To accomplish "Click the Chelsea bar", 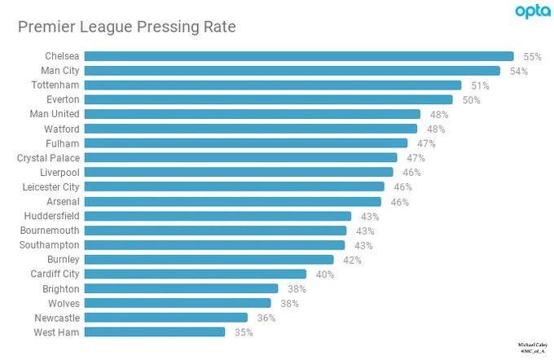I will click(x=299, y=56).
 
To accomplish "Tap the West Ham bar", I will click(x=155, y=332).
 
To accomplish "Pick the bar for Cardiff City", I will click(x=196, y=274).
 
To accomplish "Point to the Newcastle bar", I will click(x=166, y=318).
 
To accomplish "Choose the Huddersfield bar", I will click(x=218, y=216).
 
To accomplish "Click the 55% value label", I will click(x=532, y=57).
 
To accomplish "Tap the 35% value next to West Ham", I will click(x=244, y=332).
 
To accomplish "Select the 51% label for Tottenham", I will click(x=480, y=86).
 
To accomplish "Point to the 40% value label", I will click(x=324, y=274).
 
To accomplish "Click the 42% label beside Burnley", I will click(x=352, y=260).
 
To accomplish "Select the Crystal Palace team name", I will click(x=48, y=158).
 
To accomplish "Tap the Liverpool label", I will click(x=59, y=173).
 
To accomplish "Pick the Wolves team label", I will click(x=64, y=303).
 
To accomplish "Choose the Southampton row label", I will click(x=50, y=245).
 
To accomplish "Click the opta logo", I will click(x=531, y=11).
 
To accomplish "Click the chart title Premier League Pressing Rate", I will click(x=126, y=28).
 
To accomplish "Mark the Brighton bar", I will click(x=181, y=289).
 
